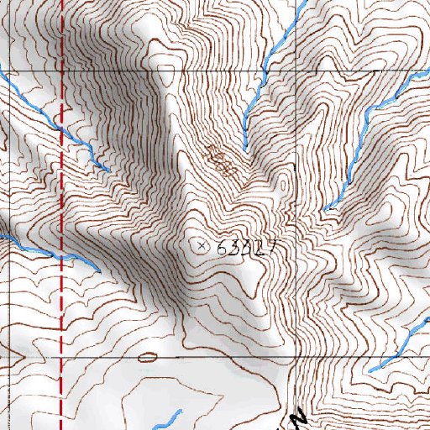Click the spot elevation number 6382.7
click(x=246, y=248)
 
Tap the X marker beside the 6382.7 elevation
click(x=201, y=246)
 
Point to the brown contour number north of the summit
click(x=220, y=160)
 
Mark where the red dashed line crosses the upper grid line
click(x=63, y=71)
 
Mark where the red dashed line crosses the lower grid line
click(x=63, y=357)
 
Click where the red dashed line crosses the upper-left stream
click(x=63, y=130)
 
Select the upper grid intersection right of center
click(x=299, y=71)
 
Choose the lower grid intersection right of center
click(x=299, y=357)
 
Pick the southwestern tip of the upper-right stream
click(x=326, y=208)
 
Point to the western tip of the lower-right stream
click(x=370, y=370)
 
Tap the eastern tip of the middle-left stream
click(x=100, y=270)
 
